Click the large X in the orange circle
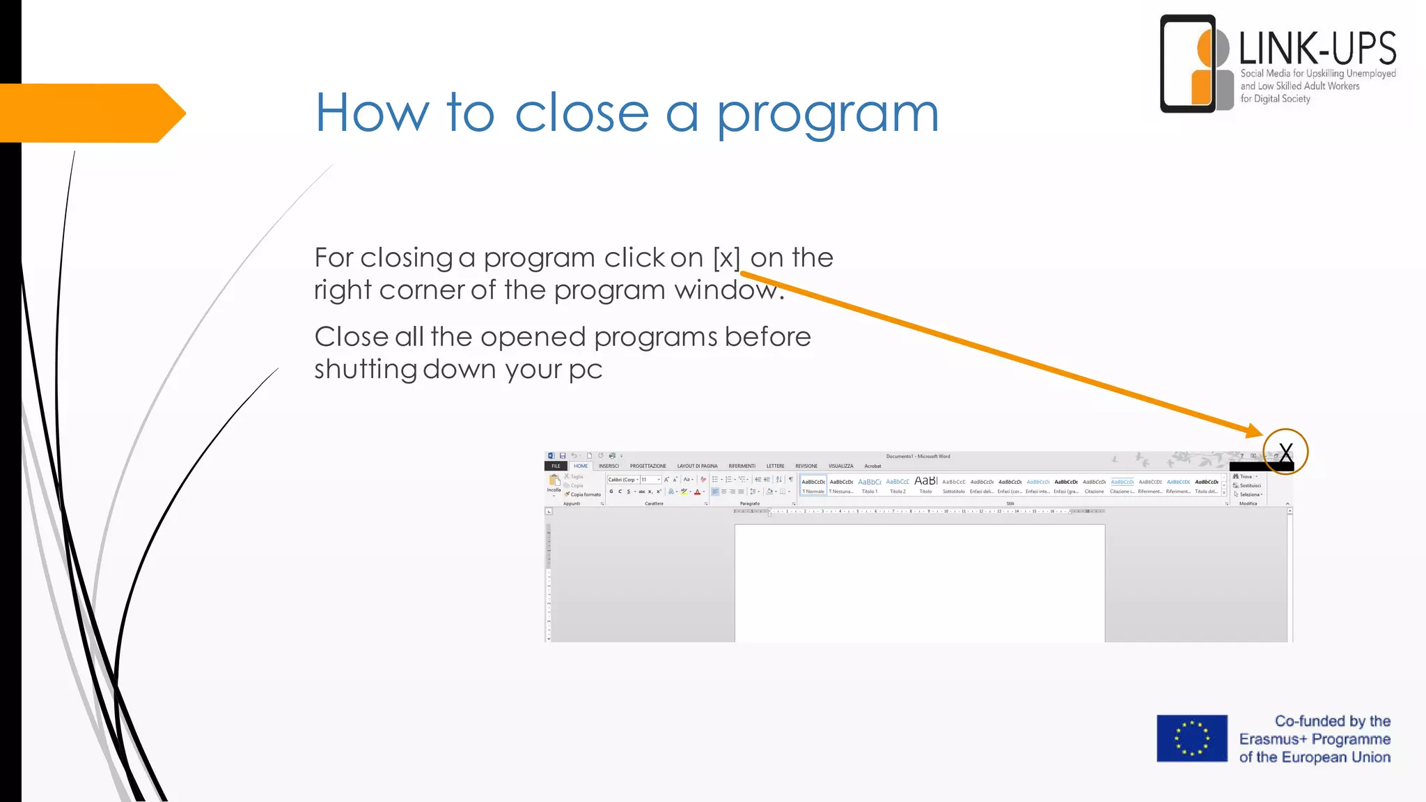coord(1285,453)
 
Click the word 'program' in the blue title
coord(828,115)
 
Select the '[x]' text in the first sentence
coord(726,258)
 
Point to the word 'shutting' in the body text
coord(365,369)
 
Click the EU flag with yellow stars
coord(1191,738)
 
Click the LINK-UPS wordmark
coord(1317,49)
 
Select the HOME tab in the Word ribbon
coord(581,466)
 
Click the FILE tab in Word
coord(556,466)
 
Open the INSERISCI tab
coord(609,466)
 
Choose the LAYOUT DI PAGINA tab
coord(697,466)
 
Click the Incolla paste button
coord(554,483)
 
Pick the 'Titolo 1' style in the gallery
coord(870,485)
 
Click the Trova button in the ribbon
coord(1244,477)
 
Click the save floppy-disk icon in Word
coord(563,456)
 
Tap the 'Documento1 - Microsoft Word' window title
coord(918,457)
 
